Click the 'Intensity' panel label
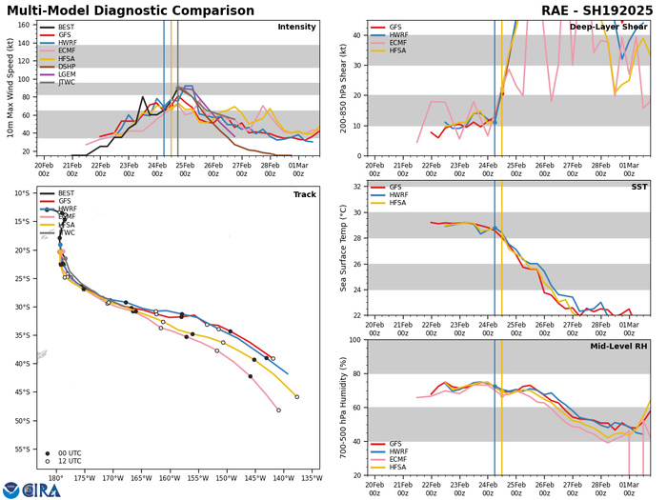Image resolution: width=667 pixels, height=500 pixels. pos(296,27)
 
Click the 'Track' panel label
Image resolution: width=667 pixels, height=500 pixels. pos(302,190)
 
